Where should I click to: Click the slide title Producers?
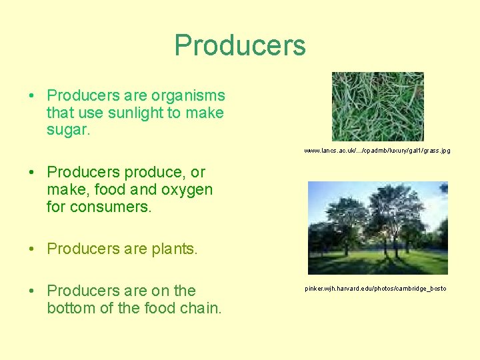coord(240,45)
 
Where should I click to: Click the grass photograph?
coord(377,107)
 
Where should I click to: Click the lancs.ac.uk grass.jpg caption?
coord(377,151)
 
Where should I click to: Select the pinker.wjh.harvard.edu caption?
coord(375,289)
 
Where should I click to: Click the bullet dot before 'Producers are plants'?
coord(32,249)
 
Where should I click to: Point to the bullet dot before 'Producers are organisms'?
coord(32,96)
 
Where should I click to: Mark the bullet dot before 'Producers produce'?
coord(32,173)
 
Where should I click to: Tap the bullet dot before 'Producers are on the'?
coord(32,291)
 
